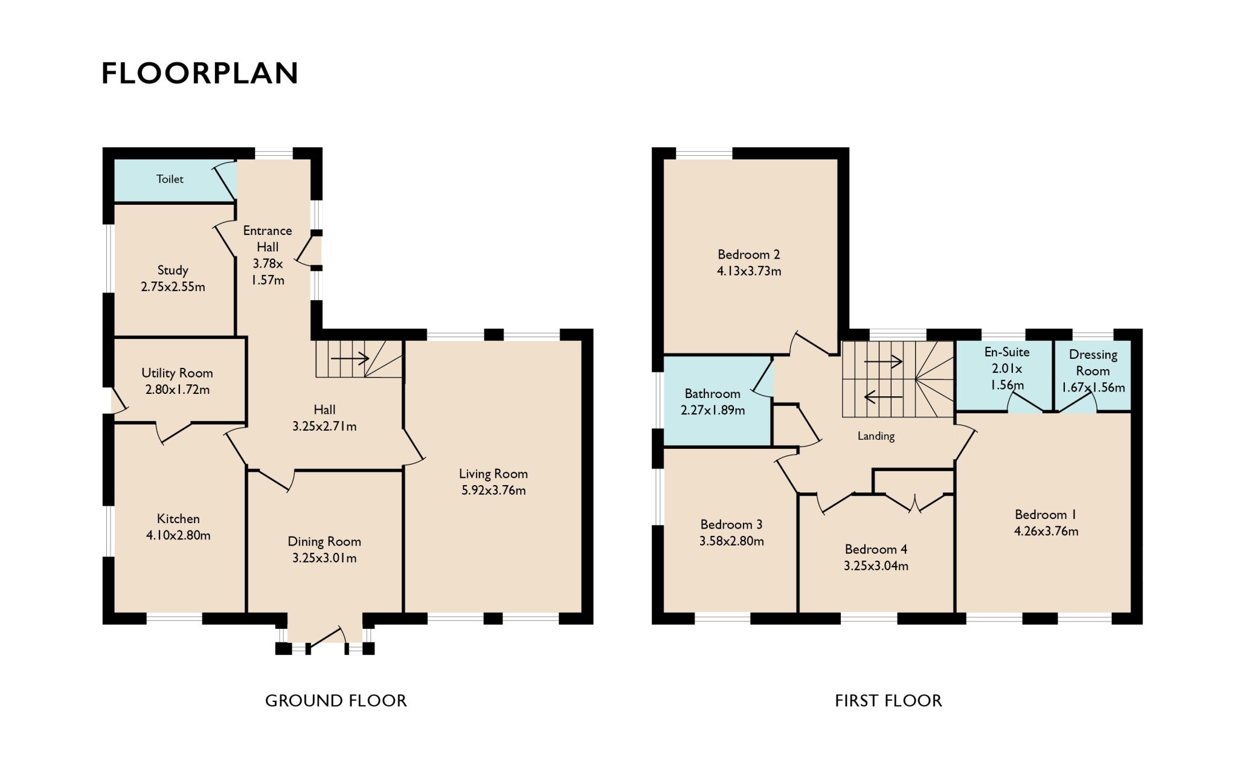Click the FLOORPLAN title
point(200,73)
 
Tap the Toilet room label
point(170,179)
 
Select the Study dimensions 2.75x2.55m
point(173,287)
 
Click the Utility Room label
point(177,373)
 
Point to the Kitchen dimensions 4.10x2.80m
point(178,535)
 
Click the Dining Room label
point(324,542)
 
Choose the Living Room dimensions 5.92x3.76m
point(493,491)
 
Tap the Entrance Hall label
point(268,239)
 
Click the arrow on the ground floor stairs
point(350,359)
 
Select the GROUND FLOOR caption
point(336,701)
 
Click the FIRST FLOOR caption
point(888,701)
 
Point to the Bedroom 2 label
point(749,254)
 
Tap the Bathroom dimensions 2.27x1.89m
point(713,410)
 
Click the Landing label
point(876,436)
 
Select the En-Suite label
point(1007,352)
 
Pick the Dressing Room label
point(1093,363)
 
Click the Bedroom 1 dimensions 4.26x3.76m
point(1046,532)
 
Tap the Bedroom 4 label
point(876,549)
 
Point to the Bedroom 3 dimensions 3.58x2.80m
point(731,541)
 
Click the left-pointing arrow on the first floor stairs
point(884,397)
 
